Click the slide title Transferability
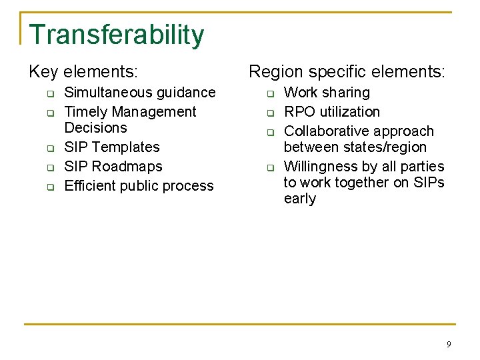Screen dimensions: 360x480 [117, 35]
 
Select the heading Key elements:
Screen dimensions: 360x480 [87, 71]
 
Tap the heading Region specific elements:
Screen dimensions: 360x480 [346, 71]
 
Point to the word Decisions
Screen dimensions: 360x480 [95, 128]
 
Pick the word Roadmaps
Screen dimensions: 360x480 [127, 167]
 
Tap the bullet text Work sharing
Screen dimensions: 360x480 [327, 93]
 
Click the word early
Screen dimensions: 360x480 [300, 199]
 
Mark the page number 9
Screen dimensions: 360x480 [448, 344]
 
